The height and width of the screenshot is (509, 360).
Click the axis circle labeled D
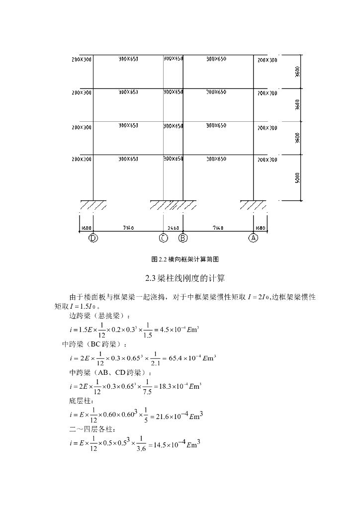coord(93,238)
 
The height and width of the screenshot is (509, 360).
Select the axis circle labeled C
coord(163,238)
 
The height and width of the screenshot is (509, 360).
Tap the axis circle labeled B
coord(183,238)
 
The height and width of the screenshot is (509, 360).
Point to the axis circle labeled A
coord(253,238)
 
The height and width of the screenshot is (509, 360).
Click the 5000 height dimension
coord(297,177)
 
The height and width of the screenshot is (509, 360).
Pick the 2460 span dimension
coord(174,228)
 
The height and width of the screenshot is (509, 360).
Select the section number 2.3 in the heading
coord(150,277)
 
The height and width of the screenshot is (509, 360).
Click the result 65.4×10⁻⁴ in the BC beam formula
coord(188,358)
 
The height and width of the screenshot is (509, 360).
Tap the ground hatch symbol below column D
coord(93,205)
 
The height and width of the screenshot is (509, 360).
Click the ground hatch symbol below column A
coord(253,205)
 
